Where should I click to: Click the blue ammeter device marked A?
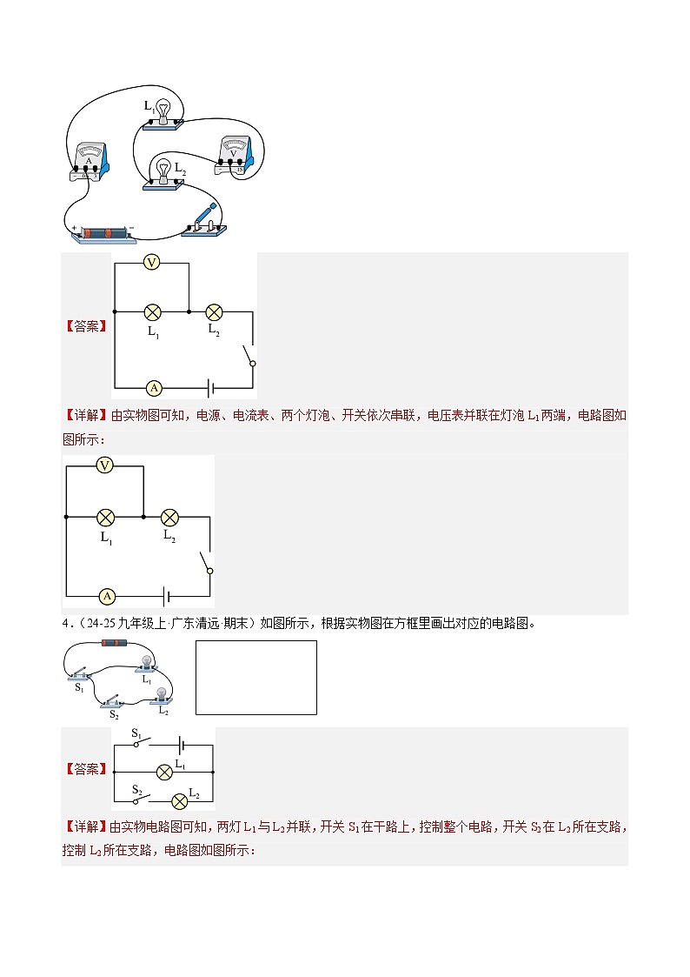click(90, 161)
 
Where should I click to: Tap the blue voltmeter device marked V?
click(235, 155)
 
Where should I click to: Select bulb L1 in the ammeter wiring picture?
click(163, 115)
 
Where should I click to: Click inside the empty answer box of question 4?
click(256, 678)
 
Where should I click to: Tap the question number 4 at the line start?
click(64, 623)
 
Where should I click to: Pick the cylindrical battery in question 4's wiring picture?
click(115, 643)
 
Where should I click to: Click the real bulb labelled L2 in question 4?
click(162, 697)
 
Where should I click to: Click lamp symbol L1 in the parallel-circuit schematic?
click(164, 773)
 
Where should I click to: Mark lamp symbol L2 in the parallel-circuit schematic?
click(179, 800)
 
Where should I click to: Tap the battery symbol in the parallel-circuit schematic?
click(182, 744)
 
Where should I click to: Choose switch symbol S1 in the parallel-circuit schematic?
click(142, 739)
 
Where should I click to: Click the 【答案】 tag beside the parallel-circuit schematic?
click(87, 769)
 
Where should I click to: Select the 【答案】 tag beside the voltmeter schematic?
click(87, 326)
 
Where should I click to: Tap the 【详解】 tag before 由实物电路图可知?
click(86, 826)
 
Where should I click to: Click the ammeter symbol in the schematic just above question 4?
click(107, 597)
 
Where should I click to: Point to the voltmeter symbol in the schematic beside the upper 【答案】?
click(152, 263)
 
